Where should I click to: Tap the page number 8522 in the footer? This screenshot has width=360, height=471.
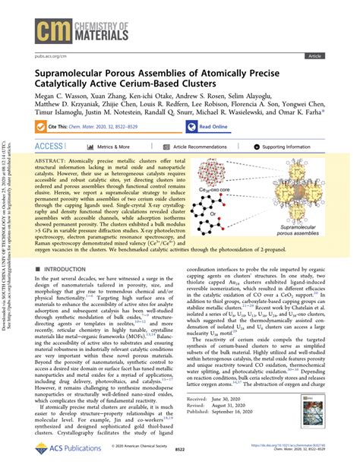(178, 460)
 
